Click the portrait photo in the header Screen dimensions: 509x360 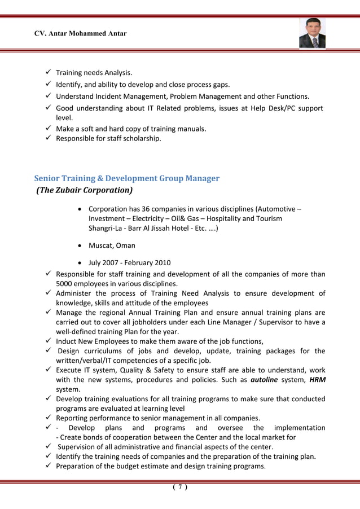click(x=312, y=33)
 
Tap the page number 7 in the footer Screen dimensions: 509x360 click(x=180, y=488)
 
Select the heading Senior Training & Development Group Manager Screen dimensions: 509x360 click(x=127, y=178)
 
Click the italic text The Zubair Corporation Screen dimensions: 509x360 click(x=85, y=190)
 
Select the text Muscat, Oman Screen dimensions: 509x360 click(x=112, y=245)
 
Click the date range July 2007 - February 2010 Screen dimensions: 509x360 click(x=129, y=262)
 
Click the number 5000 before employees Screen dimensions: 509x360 click(x=65, y=284)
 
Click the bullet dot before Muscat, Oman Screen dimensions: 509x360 click(x=82, y=246)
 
